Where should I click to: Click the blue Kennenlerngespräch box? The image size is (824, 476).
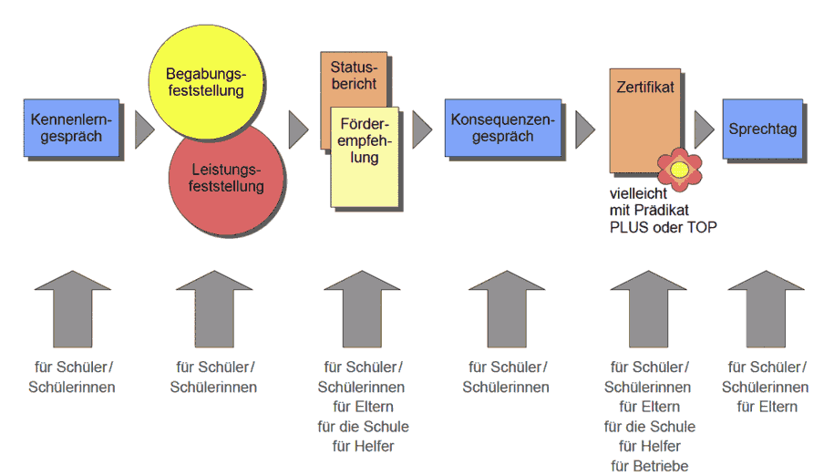pyautogui.click(x=71, y=128)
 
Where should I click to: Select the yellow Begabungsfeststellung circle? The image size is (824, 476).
pyautogui.click(x=206, y=81)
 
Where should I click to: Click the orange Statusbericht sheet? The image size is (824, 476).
pyautogui.click(x=354, y=79)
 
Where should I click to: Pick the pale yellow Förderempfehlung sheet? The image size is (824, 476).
pyautogui.click(x=365, y=157)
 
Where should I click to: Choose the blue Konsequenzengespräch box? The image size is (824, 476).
pyautogui.click(x=503, y=128)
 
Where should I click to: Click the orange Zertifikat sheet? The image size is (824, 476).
pyautogui.click(x=644, y=120)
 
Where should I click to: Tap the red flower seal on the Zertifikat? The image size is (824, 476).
pyautogui.click(x=679, y=170)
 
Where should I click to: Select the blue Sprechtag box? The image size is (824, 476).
pyautogui.click(x=763, y=129)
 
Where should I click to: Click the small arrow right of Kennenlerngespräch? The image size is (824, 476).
pyautogui.click(x=145, y=129)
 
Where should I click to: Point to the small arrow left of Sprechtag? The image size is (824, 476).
pyautogui.click(x=705, y=129)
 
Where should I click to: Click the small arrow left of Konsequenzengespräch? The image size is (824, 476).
pyautogui.click(x=422, y=129)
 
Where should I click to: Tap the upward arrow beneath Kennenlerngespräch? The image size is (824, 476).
pyautogui.click(x=73, y=309)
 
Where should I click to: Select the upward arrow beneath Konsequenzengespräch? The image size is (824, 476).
pyautogui.click(x=507, y=309)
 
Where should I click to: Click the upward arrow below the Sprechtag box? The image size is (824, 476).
pyautogui.click(x=766, y=309)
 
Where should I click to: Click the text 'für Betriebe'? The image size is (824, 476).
pyautogui.click(x=650, y=466)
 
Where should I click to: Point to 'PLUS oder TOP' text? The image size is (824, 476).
pyautogui.click(x=664, y=227)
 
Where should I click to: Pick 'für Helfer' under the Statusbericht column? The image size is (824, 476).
pyautogui.click(x=363, y=446)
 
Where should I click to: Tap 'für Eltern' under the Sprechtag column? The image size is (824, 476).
pyautogui.click(x=767, y=407)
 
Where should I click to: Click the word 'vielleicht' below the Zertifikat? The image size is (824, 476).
pyautogui.click(x=638, y=193)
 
